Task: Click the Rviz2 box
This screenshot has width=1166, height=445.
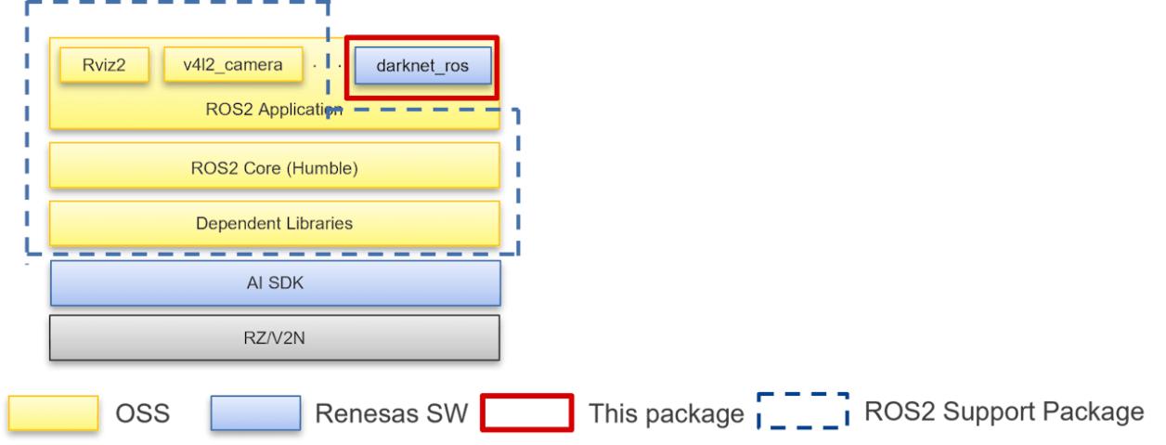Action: click(x=103, y=65)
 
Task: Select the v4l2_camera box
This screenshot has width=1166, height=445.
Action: click(x=234, y=65)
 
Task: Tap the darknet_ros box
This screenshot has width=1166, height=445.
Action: click(x=422, y=66)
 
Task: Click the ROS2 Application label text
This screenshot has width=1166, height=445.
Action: click(x=274, y=110)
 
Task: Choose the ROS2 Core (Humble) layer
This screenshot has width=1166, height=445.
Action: click(x=274, y=168)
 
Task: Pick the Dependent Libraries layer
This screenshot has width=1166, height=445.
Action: click(x=274, y=223)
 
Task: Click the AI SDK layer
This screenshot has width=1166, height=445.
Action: click(x=274, y=282)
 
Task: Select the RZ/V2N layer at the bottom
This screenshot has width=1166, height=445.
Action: click(x=274, y=337)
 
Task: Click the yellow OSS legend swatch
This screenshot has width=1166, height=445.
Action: click(x=54, y=413)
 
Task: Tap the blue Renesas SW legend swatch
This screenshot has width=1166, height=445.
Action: click(x=255, y=413)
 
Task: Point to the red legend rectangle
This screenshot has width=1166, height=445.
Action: click(x=526, y=412)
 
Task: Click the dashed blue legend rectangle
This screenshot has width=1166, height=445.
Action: click(x=803, y=411)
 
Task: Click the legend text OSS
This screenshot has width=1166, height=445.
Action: click(x=142, y=413)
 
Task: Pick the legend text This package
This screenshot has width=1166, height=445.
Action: click(x=666, y=413)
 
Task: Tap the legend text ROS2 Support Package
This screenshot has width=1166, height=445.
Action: click(x=1004, y=412)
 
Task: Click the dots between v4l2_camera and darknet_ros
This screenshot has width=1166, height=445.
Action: click(x=327, y=66)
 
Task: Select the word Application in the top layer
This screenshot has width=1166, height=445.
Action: click(x=296, y=110)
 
